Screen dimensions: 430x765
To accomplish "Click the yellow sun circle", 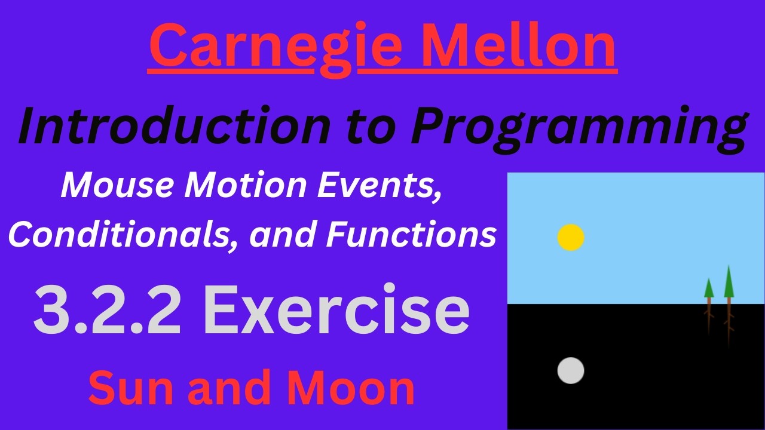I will click(571, 237).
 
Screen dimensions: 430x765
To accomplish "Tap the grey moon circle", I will click(571, 370).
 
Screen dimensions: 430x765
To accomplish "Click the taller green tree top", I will click(729, 284).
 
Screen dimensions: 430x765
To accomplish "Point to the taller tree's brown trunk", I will click(729, 320).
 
